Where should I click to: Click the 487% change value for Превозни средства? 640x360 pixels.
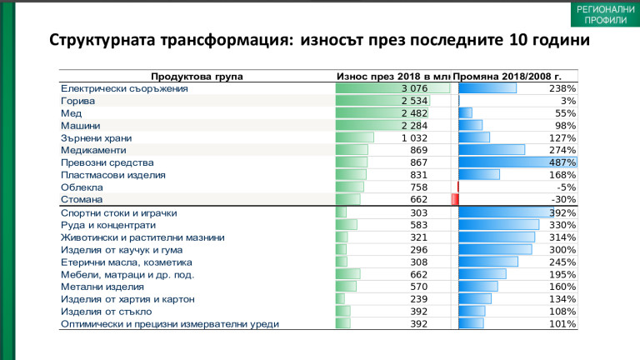(563, 162)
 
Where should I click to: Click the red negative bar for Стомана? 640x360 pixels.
(455, 200)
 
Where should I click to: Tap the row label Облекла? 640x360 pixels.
(82, 187)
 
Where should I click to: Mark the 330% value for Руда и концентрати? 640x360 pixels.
(563, 225)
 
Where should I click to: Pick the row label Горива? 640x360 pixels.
(78, 101)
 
